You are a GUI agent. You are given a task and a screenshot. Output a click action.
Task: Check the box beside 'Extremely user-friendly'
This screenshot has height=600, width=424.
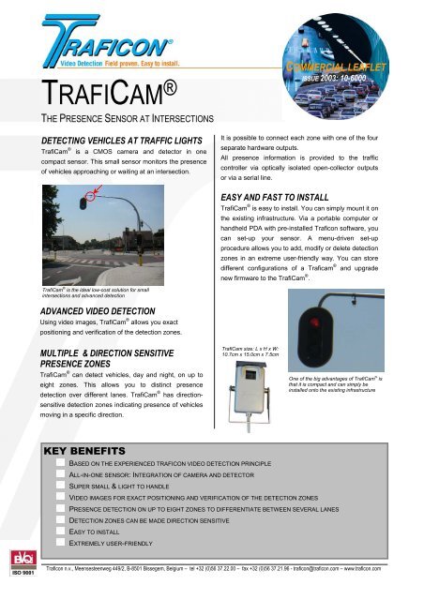point(61,543)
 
